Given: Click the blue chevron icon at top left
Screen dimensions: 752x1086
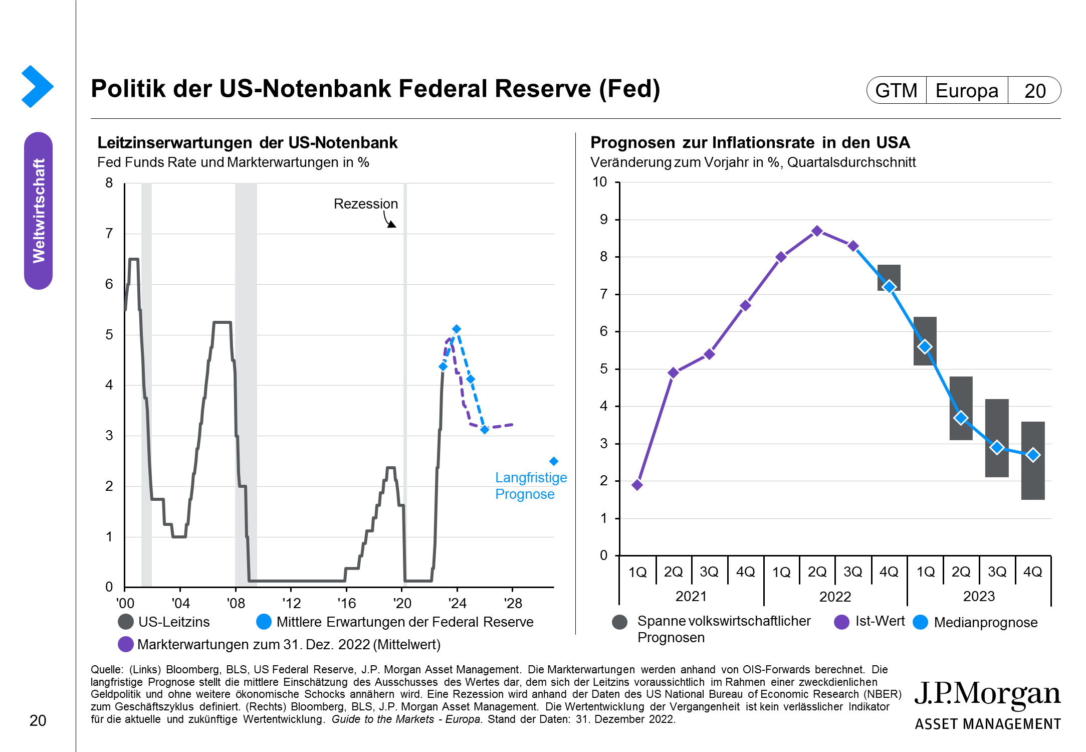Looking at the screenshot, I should (38, 86).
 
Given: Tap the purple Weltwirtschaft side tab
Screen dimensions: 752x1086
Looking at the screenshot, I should (39, 211).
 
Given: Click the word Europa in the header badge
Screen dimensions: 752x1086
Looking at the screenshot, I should (967, 91).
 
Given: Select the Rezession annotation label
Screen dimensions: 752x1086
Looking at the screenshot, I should (366, 204).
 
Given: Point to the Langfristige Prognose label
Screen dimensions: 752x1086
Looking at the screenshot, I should (531, 486).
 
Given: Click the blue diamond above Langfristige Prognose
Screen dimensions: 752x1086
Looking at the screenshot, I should (554, 461).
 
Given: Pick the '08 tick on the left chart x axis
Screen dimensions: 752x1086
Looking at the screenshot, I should (236, 603).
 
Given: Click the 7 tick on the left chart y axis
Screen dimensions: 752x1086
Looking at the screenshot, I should (109, 234).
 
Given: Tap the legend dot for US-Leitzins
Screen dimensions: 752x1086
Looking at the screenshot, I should (126, 622).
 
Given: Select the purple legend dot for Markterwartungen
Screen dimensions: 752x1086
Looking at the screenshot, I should (126, 644).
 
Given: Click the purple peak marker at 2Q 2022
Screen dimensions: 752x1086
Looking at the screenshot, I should (817, 231).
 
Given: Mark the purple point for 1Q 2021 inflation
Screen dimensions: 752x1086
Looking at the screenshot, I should (637, 485).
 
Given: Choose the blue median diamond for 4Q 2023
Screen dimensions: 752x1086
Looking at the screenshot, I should (1033, 455).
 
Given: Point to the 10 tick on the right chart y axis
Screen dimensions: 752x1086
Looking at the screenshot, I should (600, 182).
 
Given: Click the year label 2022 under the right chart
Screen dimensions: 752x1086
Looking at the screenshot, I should (835, 597).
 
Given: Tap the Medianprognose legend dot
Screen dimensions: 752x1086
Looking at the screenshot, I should (921, 622).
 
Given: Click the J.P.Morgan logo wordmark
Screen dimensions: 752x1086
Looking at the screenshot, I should (987, 694).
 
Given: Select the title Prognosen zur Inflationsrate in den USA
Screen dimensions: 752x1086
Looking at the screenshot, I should (750, 143).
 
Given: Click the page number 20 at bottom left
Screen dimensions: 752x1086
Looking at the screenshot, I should (38, 720).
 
